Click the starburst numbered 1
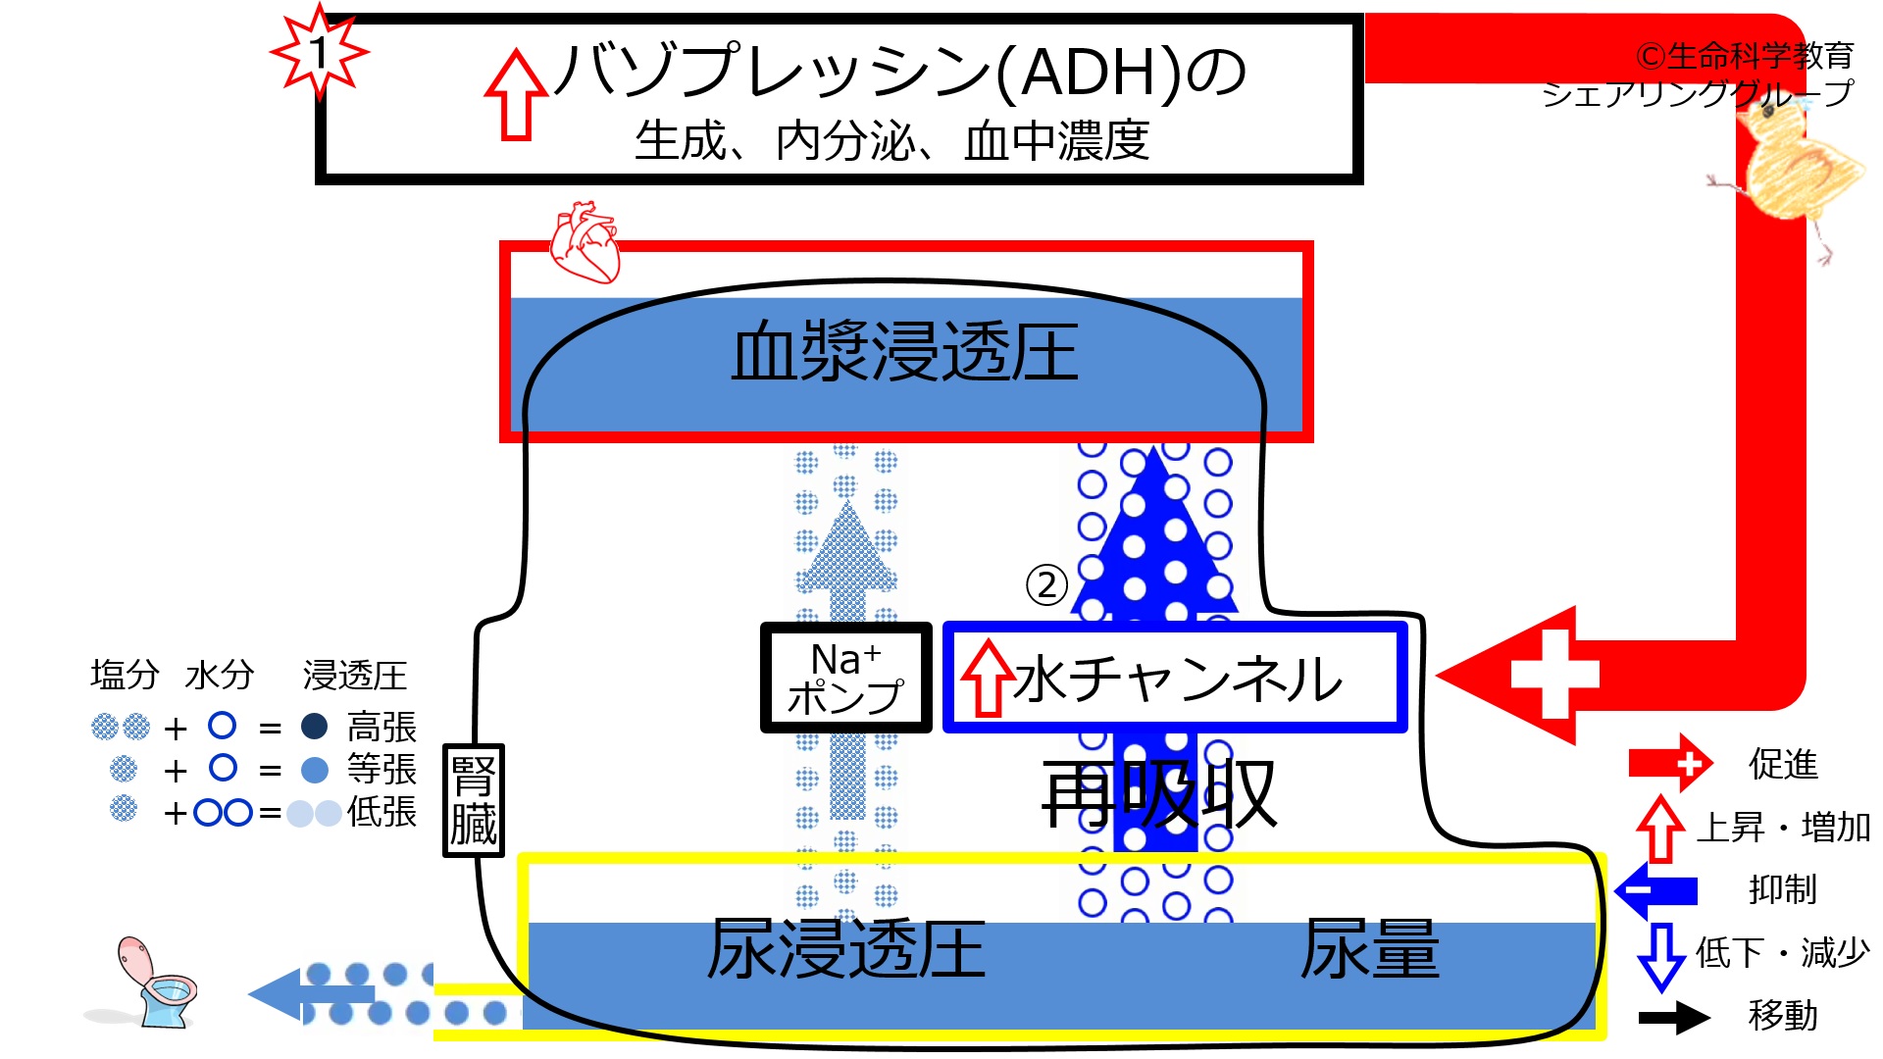(x=320, y=52)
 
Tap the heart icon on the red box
(x=585, y=242)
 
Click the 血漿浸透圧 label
(x=904, y=352)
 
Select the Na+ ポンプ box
(x=845, y=678)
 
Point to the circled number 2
(x=1046, y=585)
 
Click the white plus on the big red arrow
(x=1555, y=675)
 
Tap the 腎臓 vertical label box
(x=474, y=800)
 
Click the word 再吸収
(x=1159, y=795)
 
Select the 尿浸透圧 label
(x=846, y=949)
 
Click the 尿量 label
(x=1370, y=949)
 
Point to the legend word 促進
(x=1783, y=764)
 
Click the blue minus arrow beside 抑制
(x=1656, y=890)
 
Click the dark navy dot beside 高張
(x=314, y=726)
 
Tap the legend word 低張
(x=382, y=812)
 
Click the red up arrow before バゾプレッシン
(x=516, y=95)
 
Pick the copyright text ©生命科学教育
(x=1744, y=56)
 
